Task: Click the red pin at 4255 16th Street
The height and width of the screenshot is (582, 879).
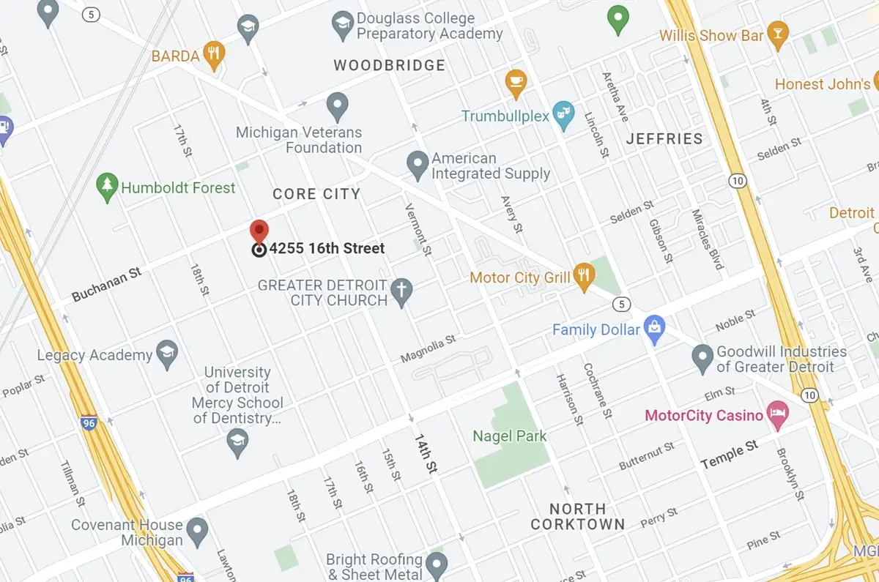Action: (259, 231)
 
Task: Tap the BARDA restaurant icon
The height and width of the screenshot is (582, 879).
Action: (214, 54)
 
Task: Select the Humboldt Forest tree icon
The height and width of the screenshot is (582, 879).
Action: (108, 187)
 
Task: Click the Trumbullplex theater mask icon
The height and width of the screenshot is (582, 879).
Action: (562, 113)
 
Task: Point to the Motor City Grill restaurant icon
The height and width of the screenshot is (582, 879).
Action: (584, 276)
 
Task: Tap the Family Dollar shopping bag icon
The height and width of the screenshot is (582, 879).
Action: (654, 329)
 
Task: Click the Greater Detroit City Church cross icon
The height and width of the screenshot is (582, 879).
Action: (401, 291)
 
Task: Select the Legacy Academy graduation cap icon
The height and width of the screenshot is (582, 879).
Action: (168, 354)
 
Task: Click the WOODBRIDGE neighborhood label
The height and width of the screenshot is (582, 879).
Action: (389, 65)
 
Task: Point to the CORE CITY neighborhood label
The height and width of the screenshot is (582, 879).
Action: (316, 194)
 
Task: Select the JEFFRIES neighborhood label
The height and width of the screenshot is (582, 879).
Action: (664, 138)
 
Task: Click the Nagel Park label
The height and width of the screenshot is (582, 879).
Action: (510, 436)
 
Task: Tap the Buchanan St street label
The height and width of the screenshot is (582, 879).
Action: (106, 285)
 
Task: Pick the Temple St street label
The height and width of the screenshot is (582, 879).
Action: (730, 456)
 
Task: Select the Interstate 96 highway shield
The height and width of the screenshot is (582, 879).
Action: (90, 424)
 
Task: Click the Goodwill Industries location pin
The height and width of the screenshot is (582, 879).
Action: (702, 358)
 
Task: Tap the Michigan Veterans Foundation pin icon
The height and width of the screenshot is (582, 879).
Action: (337, 107)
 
